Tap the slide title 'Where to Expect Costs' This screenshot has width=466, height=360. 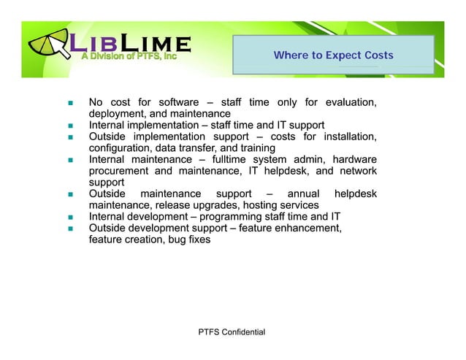333,55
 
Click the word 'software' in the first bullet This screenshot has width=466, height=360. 178,102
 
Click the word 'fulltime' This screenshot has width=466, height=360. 229,160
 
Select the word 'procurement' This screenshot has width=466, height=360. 121,172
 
